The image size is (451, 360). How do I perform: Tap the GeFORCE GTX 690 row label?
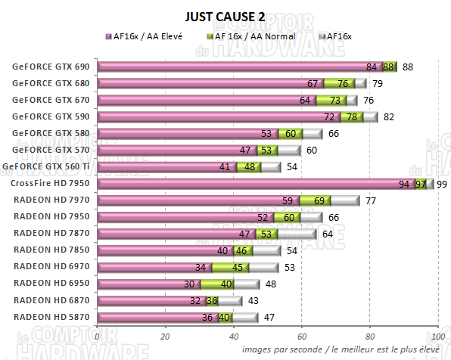click(x=51, y=67)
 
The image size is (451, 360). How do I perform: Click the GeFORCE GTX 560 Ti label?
click(x=47, y=166)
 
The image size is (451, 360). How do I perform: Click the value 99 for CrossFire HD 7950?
click(x=442, y=184)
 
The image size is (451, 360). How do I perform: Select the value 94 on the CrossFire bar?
click(x=403, y=184)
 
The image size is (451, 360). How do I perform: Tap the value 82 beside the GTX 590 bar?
click(x=387, y=117)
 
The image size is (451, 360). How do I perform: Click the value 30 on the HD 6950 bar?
click(x=189, y=284)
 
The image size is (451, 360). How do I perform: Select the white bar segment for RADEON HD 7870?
click(x=299, y=234)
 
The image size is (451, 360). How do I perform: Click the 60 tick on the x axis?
click(x=302, y=337)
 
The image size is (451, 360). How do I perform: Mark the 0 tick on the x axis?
click(x=98, y=337)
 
